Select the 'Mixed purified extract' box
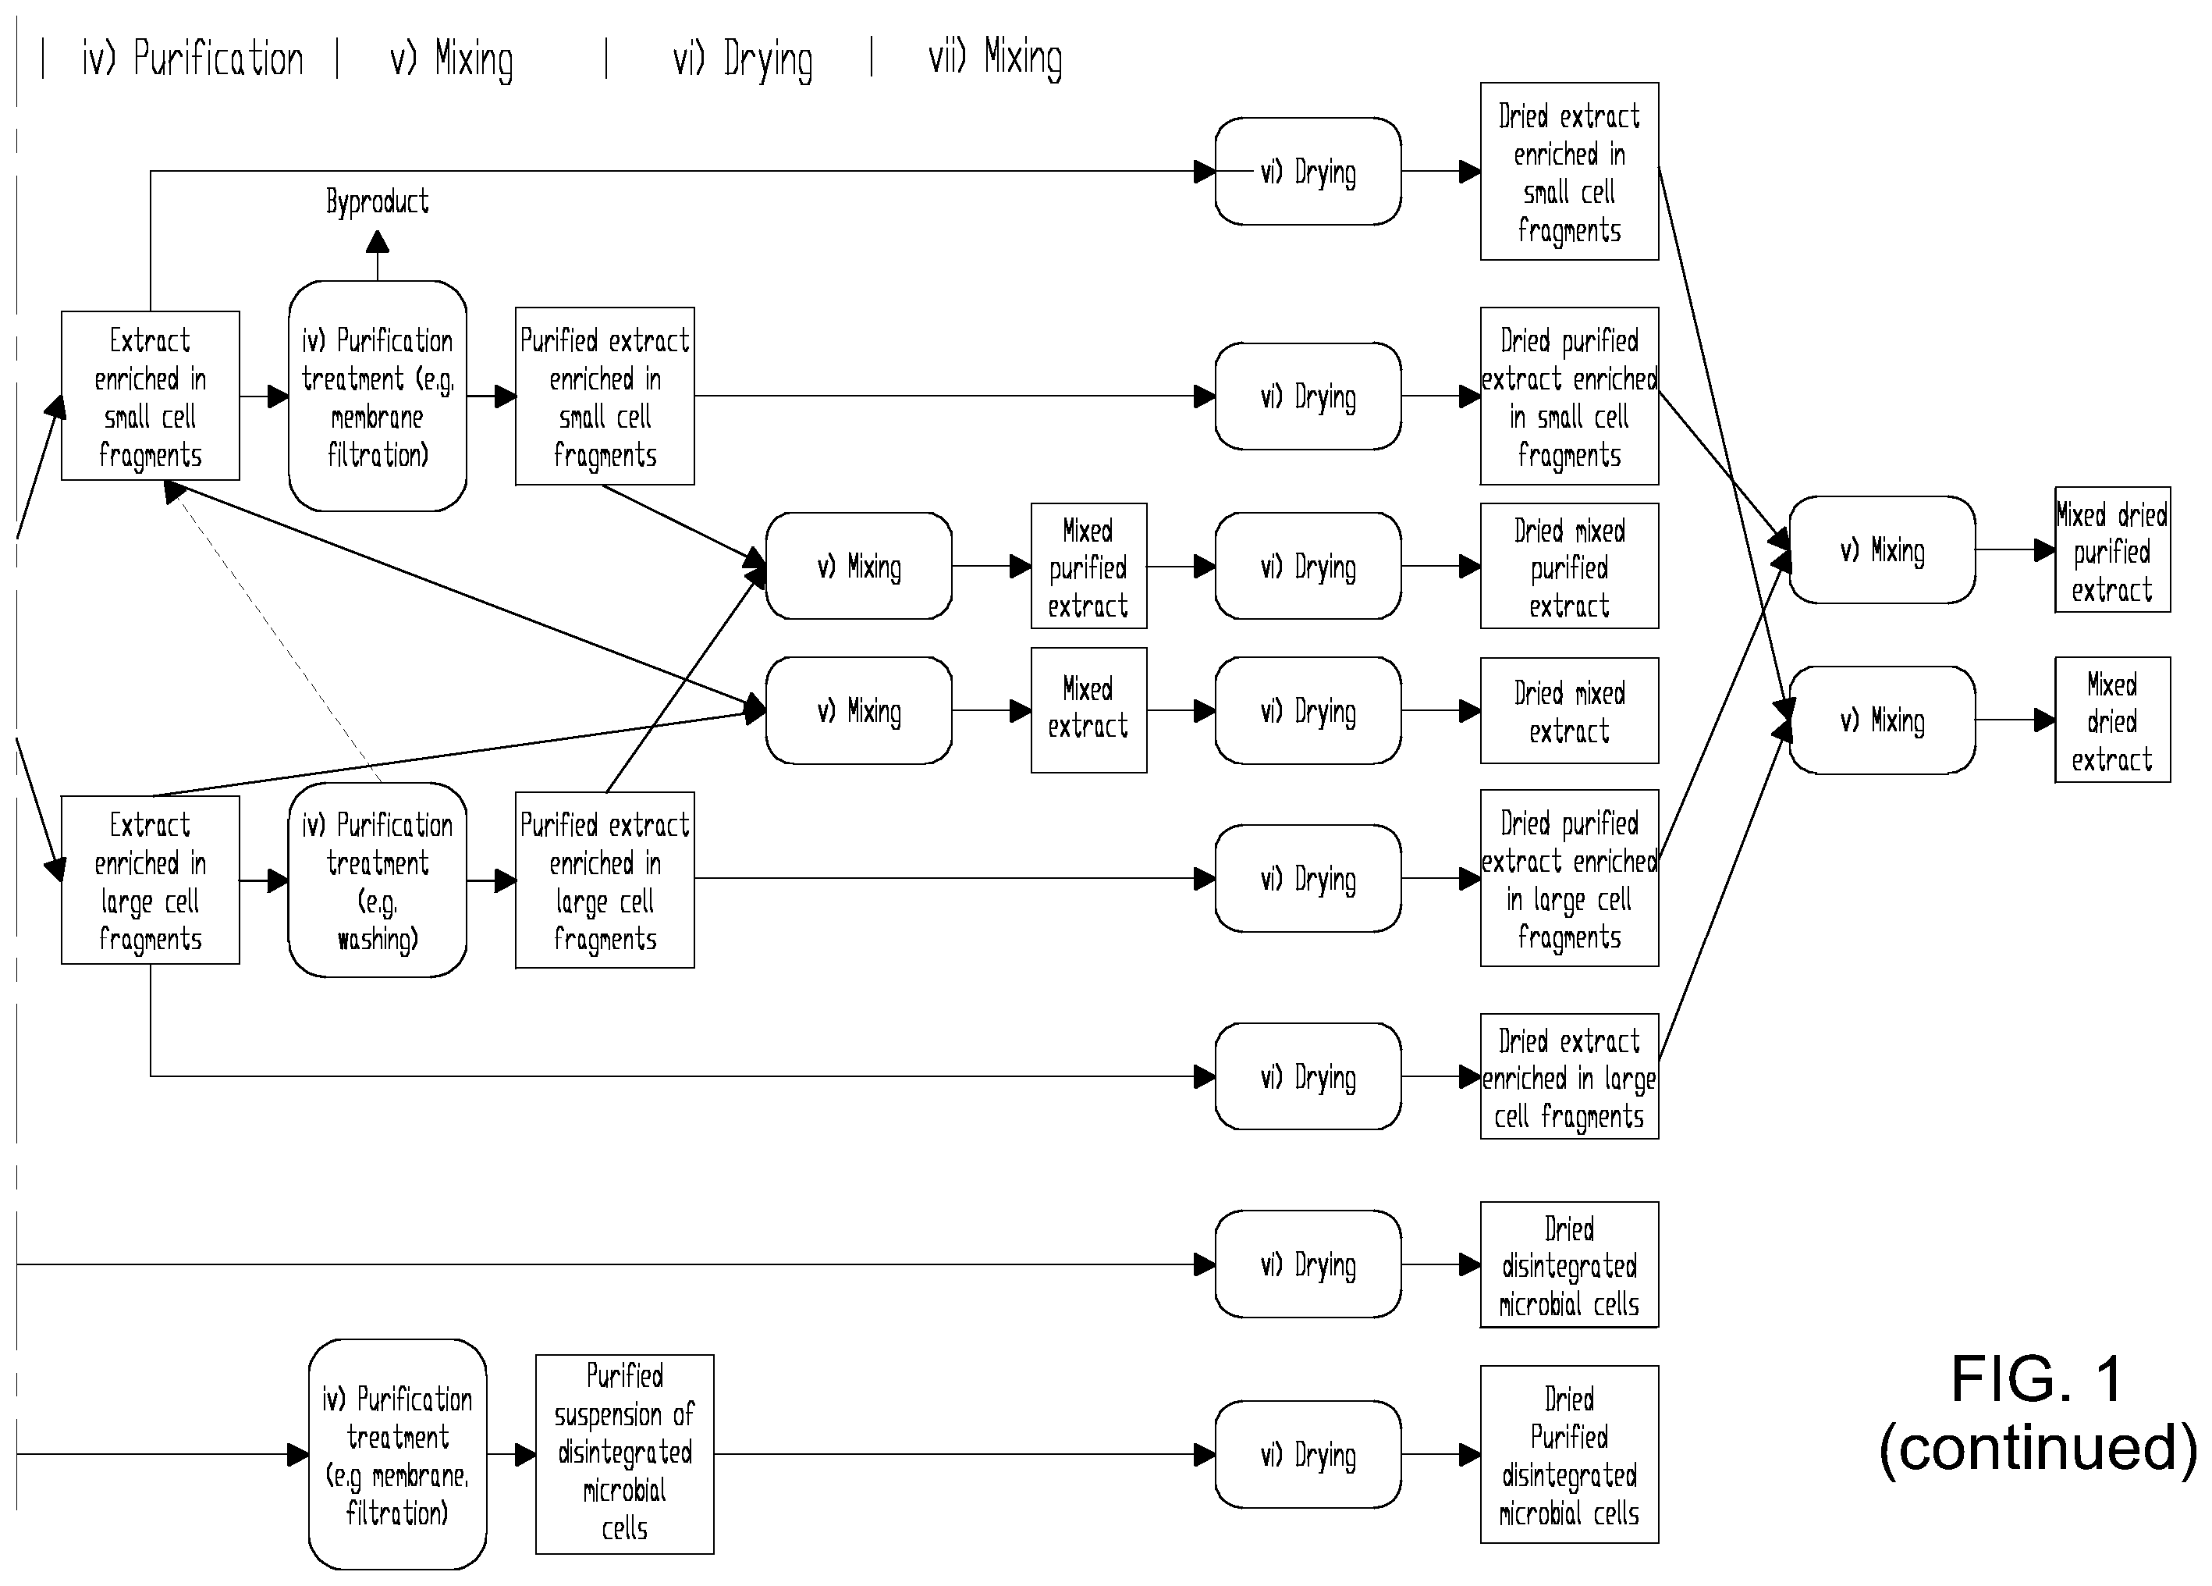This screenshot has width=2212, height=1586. [1088, 566]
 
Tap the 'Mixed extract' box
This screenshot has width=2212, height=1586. [1088, 710]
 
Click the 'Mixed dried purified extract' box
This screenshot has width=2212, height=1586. [2113, 550]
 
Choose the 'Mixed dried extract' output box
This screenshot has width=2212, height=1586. [2113, 720]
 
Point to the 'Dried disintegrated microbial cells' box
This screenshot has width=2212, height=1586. [1569, 1265]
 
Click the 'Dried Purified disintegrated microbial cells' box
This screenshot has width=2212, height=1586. [1569, 1454]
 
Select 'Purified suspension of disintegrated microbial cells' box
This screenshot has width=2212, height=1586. [624, 1454]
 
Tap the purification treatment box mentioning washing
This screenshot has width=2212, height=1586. [378, 880]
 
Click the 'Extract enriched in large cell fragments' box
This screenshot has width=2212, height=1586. [150, 880]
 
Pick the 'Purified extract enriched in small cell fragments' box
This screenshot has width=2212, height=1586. [605, 396]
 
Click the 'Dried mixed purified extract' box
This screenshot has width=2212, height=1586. [1569, 566]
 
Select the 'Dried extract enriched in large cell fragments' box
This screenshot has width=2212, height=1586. [1569, 1076]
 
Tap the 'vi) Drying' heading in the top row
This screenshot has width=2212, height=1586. [742, 59]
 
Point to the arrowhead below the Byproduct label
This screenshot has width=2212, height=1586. [378, 242]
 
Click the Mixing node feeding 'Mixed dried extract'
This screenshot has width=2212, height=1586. [1882, 720]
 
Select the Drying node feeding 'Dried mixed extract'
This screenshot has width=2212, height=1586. [1308, 710]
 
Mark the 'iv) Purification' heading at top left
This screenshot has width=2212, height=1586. [192, 59]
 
